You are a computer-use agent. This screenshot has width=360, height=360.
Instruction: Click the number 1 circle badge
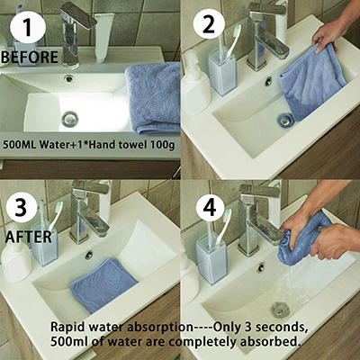28,26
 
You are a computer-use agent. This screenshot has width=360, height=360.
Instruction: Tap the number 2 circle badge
209,24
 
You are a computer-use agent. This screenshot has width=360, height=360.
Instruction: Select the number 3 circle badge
21,206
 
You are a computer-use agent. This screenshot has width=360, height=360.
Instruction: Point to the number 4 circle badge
210,206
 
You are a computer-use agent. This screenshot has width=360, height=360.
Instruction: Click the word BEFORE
30,58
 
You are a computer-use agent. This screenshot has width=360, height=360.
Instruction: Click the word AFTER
29,237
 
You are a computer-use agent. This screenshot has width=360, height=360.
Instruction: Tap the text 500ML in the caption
20,145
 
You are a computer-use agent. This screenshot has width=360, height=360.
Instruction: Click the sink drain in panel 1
70,119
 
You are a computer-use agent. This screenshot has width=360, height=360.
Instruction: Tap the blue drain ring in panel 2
286,120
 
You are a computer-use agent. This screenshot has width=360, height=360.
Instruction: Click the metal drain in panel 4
280,310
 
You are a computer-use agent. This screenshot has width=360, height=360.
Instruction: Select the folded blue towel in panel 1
153,97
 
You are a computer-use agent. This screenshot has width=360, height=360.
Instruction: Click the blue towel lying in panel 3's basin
103,284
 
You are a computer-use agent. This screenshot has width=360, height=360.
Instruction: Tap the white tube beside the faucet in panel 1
103,38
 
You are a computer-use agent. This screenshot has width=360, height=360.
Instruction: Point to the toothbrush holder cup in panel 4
211,259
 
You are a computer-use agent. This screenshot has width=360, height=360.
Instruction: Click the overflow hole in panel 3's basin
88,255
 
